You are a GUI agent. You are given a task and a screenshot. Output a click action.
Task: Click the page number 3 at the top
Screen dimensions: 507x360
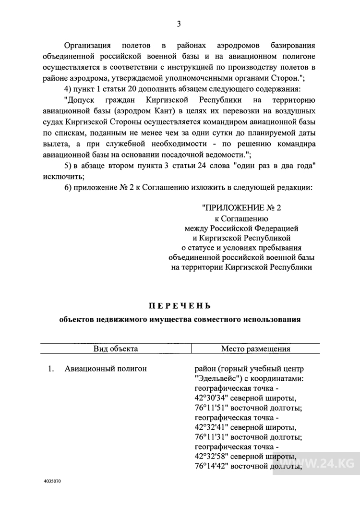coord(179,24)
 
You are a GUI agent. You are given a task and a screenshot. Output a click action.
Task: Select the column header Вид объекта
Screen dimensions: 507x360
coord(115,349)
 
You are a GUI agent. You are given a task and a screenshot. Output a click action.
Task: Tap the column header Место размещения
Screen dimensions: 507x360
coord(255,349)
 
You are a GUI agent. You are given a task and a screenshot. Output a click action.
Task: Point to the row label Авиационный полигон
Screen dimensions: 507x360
coord(106,369)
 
